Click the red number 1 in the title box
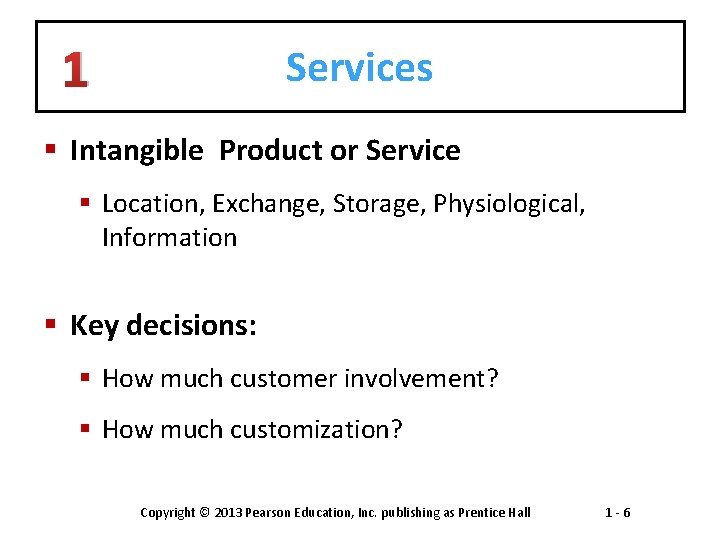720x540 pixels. tap(75, 70)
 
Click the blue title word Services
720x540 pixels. tap(359, 68)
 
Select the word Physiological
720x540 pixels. tap(509, 204)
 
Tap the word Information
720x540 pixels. tap(169, 238)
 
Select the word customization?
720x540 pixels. tap(316, 430)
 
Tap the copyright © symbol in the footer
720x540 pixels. tap(205, 513)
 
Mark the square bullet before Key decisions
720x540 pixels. tap(51, 326)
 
